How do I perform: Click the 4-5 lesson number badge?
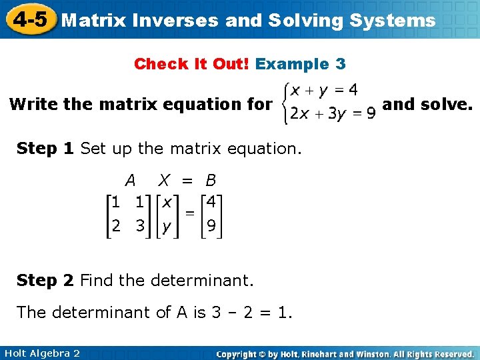pyautogui.click(x=28, y=19)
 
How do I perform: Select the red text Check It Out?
pyautogui.click(x=192, y=64)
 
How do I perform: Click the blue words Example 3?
pyautogui.click(x=300, y=64)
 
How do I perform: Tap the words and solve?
pyautogui.click(x=428, y=104)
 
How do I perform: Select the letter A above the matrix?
pyautogui.click(x=130, y=180)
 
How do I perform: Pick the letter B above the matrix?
pyautogui.click(x=211, y=180)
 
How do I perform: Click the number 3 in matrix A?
pyautogui.click(x=140, y=226)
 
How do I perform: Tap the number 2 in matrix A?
pyautogui.click(x=116, y=226)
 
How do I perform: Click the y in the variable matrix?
pyautogui.click(x=167, y=227)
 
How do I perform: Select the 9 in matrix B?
pyautogui.click(x=211, y=226)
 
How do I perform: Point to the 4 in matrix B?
pyautogui.click(x=211, y=201)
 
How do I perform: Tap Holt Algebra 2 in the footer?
pyautogui.click(x=41, y=353)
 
